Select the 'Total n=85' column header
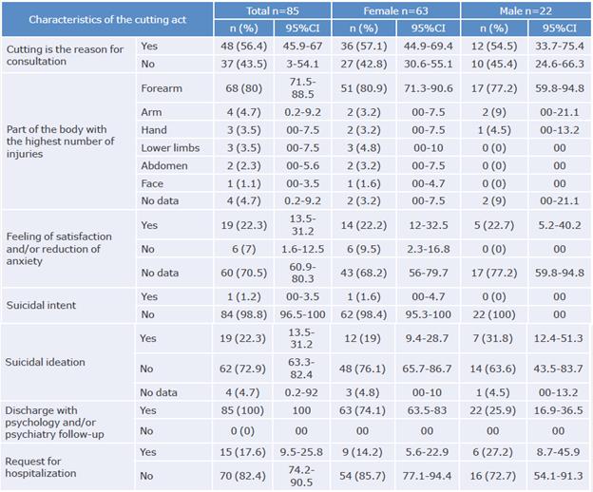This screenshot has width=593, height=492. pos(275,9)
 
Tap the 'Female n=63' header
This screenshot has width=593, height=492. pos(396,9)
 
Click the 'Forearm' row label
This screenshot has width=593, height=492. pos(162,89)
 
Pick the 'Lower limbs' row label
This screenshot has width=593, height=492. pos(169,148)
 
